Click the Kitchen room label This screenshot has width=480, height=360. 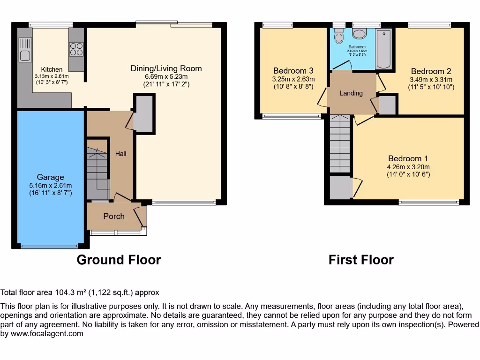pyautogui.click(x=52, y=69)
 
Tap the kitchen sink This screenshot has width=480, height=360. pyautogui.click(x=25, y=50)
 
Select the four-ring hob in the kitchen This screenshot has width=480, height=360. pyautogui.click(x=76, y=49)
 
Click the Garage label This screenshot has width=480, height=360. pyautogui.click(x=51, y=177)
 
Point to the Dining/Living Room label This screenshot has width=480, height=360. pyautogui.click(x=166, y=68)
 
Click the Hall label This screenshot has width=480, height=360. pyautogui.click(x=120, y=154)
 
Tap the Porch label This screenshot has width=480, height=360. pyautogui.click(x=114, y=216)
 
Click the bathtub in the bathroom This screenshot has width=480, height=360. pyautogui.click(x=384, y=49)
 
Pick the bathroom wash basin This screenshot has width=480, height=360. pyautogui.click(x=360, y=34)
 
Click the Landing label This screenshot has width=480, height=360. pyautogui.click(x=351, y=93)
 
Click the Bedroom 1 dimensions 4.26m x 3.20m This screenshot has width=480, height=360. pyautogui.click(x=408, y=167)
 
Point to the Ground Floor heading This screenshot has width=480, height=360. pyautogui.click(x=119, y=260)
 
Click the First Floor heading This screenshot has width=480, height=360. pyautogui.click(x=361, y=260)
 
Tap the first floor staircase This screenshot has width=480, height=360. pyautogui.click(x=340, y=143)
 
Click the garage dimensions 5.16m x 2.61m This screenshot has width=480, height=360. pyautogui.click(x=51, y=185)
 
